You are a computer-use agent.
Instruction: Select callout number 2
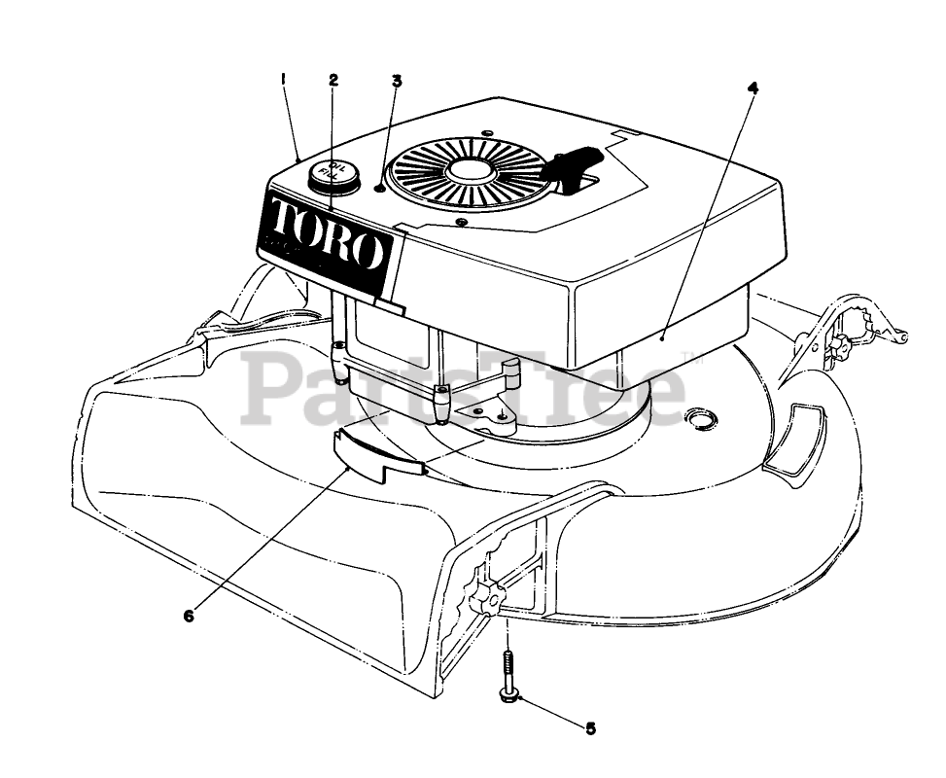[x=333, y=80]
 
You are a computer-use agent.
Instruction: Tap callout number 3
[x=396, y=81]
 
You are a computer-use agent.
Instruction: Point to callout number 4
[x=753, y=86]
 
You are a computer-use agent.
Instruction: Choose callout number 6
[x=189, y=615]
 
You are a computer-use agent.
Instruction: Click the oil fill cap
[x=331, y=175]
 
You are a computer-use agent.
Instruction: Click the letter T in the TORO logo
[x=284, y=221]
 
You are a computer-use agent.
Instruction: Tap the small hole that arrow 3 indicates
[x=377, y=189]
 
